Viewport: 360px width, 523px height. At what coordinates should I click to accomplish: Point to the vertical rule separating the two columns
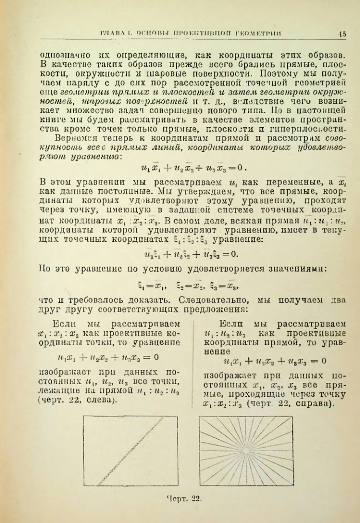click(192, 362)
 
